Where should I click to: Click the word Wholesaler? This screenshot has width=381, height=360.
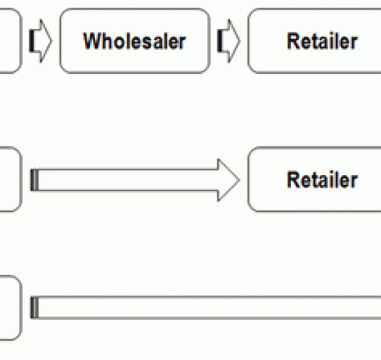pyautogui.click(x=134, y=41)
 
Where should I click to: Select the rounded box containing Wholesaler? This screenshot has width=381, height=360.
pyautogui.click(x=135, y=41)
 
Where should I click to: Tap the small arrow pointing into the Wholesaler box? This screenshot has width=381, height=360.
pyautogui.click(x=40, y=41)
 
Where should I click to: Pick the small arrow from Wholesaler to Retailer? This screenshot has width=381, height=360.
pyautogui.click(x=229, y=41)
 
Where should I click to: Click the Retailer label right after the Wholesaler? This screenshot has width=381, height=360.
pyautogui.click(x=322, y=41)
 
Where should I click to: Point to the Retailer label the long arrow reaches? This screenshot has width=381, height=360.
pyautogui.click(x=322, y=180)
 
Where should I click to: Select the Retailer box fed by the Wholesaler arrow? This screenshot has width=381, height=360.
pyautogui.click(x=314, y=41)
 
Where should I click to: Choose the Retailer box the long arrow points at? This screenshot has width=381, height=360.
pyautogui.click(x=314, y=179)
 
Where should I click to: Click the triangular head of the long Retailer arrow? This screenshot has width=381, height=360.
pyautogui.click(x=229, y=180)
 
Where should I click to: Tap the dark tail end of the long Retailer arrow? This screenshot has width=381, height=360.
pyautogui.click(x=34, y=180)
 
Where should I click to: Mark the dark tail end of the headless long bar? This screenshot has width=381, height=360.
pyautogui.click(x=34, y=307)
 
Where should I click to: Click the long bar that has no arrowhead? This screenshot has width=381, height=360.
pyautogui.click(x=206, y=307)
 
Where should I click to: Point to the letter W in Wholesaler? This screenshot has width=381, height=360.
pyautogui.click(x=91, y=41)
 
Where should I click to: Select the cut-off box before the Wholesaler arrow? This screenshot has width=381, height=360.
pyautogui.click(x=11, y=41)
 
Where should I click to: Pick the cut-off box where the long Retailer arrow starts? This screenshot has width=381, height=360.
pyautogui.click(x=11, y=179)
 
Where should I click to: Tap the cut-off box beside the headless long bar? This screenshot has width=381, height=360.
pyautogui.click(x=11, y=308)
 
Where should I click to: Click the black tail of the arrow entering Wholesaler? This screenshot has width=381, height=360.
pyautogui.click(x=31, y=41)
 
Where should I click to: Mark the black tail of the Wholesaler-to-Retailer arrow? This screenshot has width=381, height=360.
pyautogui.click(x=220, y=41)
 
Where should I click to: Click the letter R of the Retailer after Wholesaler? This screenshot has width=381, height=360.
pyautogui.click(x=292, y=41)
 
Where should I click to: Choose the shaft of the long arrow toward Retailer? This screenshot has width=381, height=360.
pyautogui.click(x=128, y=180)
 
